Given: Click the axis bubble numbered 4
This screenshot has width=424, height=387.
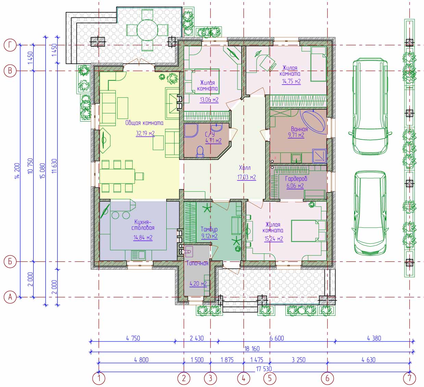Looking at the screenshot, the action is [x=244, y=378].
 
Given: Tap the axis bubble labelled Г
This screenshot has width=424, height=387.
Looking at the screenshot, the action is [x=10, y=45].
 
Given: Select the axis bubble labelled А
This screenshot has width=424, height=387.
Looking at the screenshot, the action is [x=10, y=297].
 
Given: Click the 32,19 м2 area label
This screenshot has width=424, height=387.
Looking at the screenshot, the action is [x=145, y=133].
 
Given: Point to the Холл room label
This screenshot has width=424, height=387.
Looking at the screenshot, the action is [x=245, y=168].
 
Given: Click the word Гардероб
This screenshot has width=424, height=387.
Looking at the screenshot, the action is [x=296, y=179].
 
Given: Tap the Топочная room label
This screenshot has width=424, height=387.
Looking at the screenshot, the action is [x=197, y=263].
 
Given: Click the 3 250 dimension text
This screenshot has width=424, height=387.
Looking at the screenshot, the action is [x=298, y=360].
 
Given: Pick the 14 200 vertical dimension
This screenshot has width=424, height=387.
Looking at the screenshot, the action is [x=17, y=171].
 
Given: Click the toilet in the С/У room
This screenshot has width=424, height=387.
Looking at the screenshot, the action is [x=200, y=152].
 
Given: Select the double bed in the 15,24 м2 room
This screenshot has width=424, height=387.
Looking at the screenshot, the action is [x=308, y=230].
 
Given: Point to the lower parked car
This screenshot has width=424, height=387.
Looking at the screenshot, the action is [x=370, y=213].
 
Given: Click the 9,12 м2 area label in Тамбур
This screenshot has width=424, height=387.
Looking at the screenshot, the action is [x=209, y=236].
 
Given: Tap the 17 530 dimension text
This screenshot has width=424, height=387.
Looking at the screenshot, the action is [x=264, y=369].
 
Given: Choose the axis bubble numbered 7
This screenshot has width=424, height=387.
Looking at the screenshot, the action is [x=409, y=378].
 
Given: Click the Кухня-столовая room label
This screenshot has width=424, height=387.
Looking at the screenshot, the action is [x=143, y=225].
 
